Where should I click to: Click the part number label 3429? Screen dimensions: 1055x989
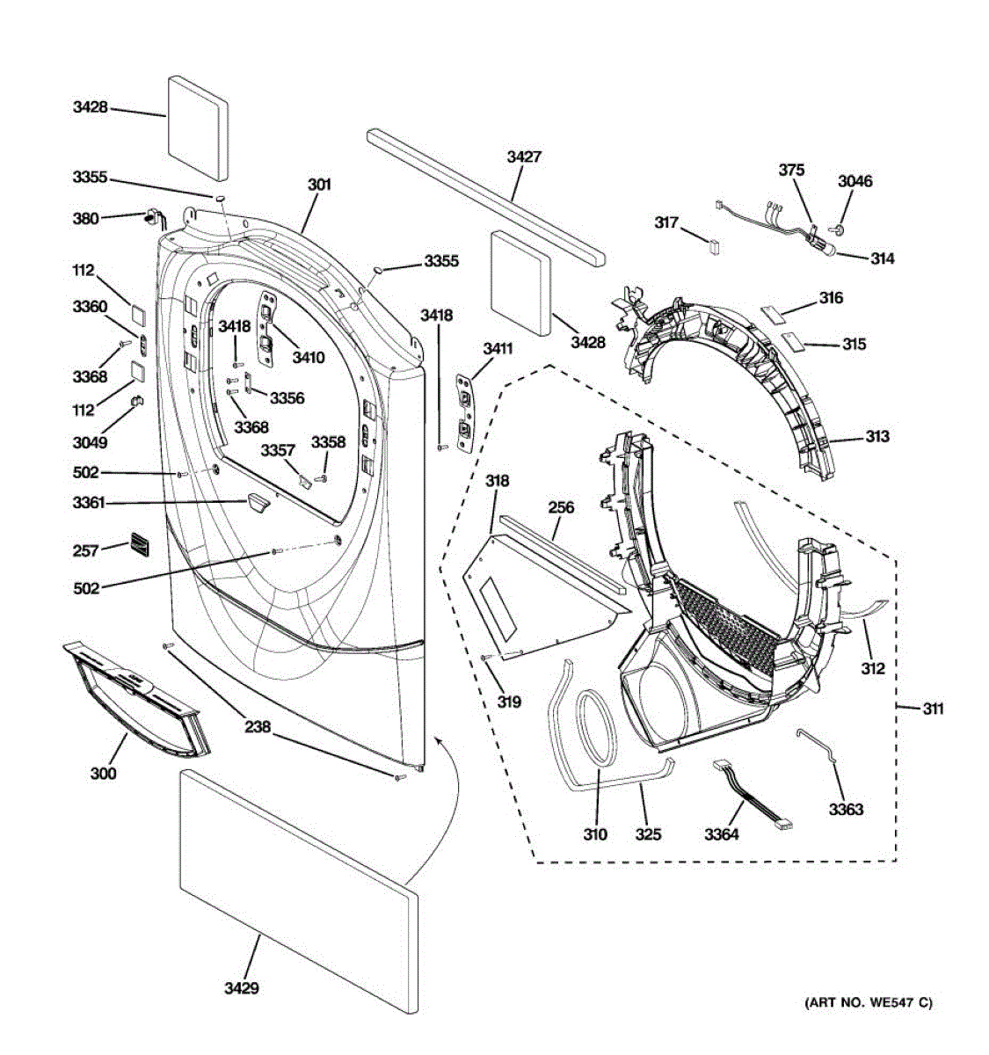[x=241, y=989]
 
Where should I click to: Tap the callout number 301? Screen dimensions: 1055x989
[x=319, y=185]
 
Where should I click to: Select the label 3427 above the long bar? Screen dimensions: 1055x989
[x=524, y=157]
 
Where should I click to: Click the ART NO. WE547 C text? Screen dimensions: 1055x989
[x=868, y=1002]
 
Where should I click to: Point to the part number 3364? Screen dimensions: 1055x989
[x=721, y=833]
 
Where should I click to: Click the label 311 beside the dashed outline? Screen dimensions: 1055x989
[x=933, y=708]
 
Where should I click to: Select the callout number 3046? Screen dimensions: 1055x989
[x=854, y=182]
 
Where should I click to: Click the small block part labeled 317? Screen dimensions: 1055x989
[x=715, y=244]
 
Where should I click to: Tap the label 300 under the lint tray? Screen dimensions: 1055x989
[x=103, y=774]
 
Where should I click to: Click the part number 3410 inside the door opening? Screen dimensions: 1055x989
[x=309, y=357]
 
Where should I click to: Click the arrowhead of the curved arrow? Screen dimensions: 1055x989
[x=442, y=742]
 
